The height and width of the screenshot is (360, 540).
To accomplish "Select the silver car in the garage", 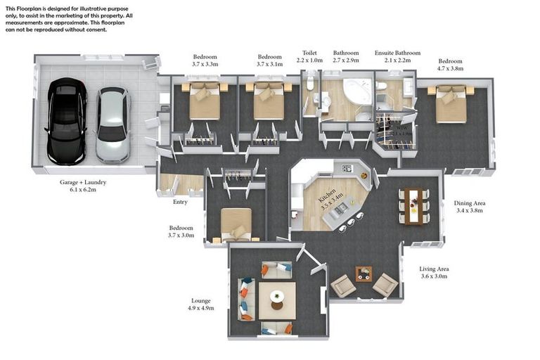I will coord(112,124).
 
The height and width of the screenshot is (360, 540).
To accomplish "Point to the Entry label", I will coord(180,202).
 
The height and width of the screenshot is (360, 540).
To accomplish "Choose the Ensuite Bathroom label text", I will coord(397,53).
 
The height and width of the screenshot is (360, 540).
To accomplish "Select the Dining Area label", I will coord(470,203).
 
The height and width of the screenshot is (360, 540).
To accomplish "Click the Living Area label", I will coord(433,269).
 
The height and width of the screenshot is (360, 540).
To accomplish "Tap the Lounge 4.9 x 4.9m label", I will coord(200,304).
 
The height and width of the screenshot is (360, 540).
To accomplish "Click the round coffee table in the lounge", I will coord(277,300).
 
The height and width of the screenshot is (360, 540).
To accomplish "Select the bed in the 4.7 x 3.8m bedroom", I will coord(451,104).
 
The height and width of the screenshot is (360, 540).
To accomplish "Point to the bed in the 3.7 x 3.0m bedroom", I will coord(235,225).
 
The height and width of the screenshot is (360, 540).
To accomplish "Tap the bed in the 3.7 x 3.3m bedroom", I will coord(204,101).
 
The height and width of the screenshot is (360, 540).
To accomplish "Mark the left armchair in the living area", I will coord(342,285).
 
